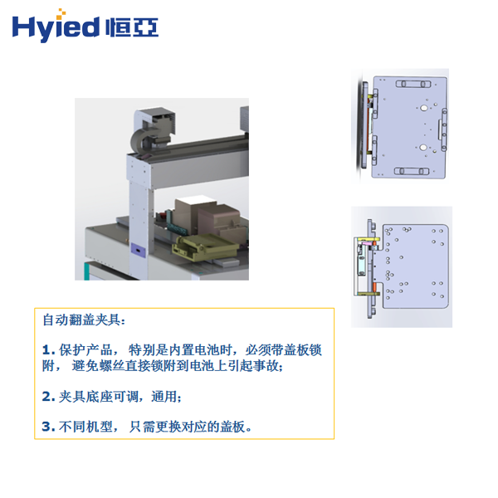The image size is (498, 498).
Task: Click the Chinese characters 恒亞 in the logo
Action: point(133,28)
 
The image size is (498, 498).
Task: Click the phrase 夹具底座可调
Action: point(98,397)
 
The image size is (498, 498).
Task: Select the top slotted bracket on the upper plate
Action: point(412,82)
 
